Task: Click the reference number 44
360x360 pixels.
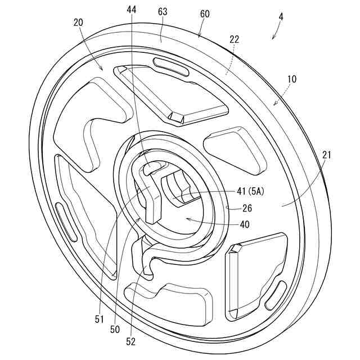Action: click(x=132, y=10)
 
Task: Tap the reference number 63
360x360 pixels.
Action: click(x=163, y=12)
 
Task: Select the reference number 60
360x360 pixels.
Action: click(x=205, y=14)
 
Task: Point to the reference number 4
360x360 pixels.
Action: click(x=281, y=17)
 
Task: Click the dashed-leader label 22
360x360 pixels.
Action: click(x=235, y=39)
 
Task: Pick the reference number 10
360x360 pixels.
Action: click(x=291, y=79)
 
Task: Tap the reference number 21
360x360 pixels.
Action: click(x=327, y=155)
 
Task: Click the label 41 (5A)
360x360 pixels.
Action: click(x=250, y=191)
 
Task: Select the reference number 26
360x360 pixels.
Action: click(x=247, y=208)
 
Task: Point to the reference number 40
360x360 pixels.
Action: click(x=245, y=224)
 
